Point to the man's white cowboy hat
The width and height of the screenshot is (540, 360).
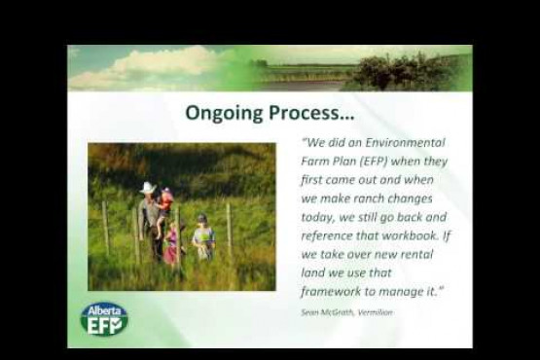pos(148,187)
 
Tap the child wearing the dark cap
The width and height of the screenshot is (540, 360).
pos(202,234)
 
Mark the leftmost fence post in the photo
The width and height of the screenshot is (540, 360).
pos(105,226)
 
